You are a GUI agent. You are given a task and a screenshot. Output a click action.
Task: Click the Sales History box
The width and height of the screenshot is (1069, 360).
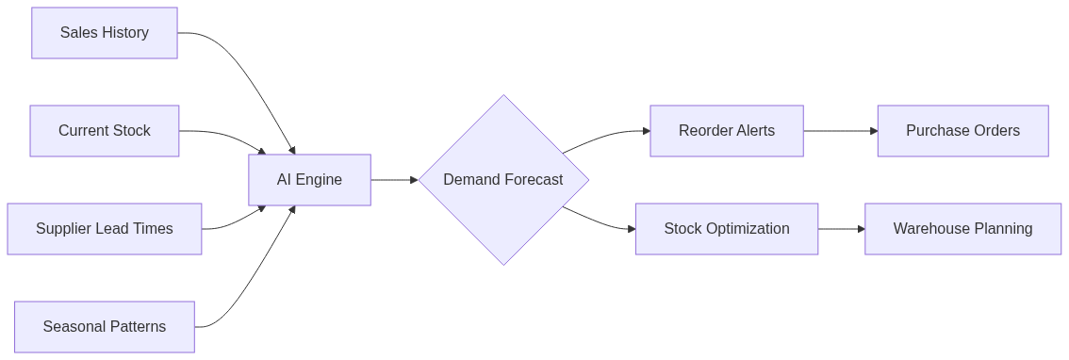[x=104, y=33]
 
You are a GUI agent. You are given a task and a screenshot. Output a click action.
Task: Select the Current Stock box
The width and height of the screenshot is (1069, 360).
[x=104, y=131]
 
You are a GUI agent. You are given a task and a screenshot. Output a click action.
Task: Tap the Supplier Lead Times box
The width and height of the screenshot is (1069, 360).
[x=104, y=229]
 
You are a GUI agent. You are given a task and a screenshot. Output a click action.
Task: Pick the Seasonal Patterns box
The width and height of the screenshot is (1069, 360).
[x=104, y=327]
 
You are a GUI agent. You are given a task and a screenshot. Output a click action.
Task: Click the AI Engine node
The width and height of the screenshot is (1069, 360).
[x=309, y=180]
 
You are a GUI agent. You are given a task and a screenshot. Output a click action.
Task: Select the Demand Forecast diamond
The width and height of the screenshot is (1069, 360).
[x=502, y=180]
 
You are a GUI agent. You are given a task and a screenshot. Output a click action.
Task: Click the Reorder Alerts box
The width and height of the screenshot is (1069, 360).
[x=726, y=131]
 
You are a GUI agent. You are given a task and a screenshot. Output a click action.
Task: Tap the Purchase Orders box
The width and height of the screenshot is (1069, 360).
[x=962, y=131]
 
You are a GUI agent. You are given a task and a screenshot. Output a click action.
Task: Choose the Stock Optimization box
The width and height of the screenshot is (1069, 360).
[x=726, y=229]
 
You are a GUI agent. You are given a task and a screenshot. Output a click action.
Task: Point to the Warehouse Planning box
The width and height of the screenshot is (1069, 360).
[x=962, y=229]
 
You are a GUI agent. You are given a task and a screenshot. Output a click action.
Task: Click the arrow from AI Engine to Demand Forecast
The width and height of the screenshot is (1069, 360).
[x=394, y=180]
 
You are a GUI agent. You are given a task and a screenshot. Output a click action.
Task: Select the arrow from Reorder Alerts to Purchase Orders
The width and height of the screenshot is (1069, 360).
[x=840, y=131]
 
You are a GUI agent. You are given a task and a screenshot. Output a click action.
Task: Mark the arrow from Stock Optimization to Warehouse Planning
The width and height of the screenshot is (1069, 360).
[x=841, y=229]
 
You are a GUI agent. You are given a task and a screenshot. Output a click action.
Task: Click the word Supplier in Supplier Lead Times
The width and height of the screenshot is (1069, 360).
[x=63, y=229]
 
